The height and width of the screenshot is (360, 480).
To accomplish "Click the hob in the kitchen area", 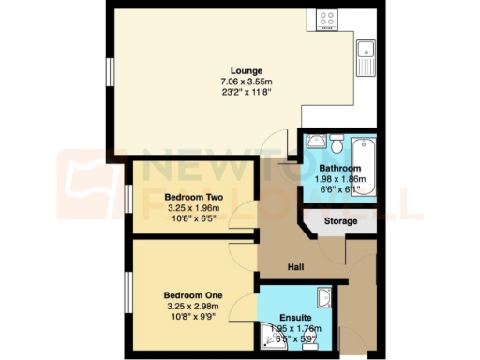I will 327,19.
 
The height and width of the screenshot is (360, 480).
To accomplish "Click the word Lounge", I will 247,70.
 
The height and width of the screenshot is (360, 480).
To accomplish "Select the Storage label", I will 341,221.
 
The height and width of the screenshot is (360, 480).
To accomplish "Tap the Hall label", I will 293,265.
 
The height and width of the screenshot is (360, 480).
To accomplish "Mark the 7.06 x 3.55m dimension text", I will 247,82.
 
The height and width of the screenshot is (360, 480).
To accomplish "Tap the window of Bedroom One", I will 127,297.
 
